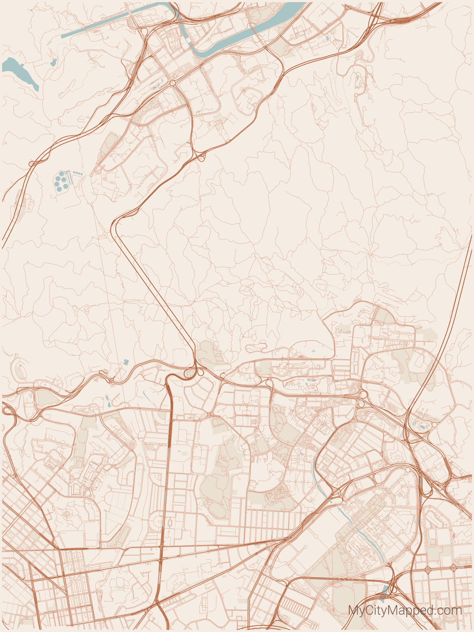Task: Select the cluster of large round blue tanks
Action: [x=62, y=182]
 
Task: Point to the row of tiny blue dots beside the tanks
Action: [x=78, y=173]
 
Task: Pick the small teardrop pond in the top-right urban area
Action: [x=327, y=38]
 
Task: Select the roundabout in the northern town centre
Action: [x=172, y=83]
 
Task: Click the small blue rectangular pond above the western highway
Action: [x=126, y=362]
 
